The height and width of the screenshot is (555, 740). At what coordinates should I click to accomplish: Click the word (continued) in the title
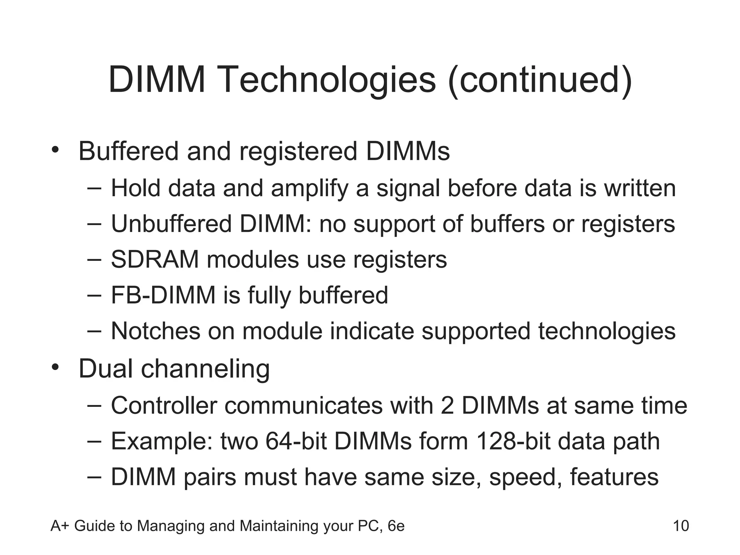tap(540, 80)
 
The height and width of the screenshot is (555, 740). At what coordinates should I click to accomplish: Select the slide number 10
tap(681, 526)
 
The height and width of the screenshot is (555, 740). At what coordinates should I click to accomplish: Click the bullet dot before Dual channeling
tap(55, 367)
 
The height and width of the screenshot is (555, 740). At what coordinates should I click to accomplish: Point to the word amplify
tap(309, 189)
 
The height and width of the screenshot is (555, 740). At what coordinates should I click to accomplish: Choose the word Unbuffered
tap(171, 224)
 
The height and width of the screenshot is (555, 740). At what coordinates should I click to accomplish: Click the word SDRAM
tap(155, 259)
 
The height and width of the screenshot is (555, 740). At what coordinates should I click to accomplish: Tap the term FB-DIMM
tap(163, 295)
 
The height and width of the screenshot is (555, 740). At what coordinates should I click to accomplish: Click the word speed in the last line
tap(525, 478)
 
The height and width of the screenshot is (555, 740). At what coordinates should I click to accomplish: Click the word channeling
tap(205, 369)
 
